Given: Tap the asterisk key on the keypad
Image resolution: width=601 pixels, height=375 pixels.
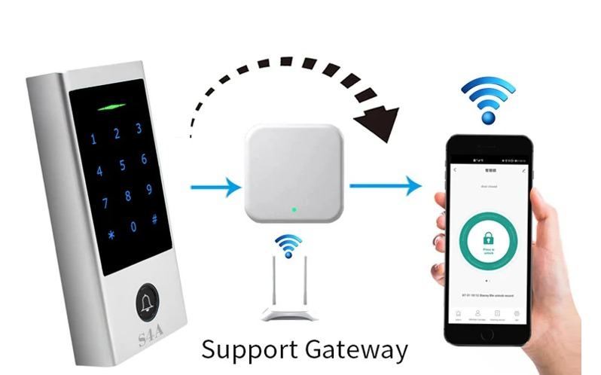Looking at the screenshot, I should (x=111, y=234).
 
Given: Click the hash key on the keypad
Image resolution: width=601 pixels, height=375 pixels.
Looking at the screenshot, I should (x=154, y=219).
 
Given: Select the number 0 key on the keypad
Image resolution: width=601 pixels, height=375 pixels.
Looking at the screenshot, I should (x=133, y=227).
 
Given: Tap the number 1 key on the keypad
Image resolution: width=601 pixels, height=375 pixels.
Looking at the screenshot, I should (x=93, y=140).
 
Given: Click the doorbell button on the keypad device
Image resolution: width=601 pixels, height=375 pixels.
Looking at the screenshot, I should (x=148, y=304).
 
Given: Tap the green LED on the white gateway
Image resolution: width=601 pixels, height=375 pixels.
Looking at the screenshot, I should (x=294, y=209).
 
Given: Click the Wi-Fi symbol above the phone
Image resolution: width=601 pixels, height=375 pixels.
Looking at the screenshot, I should (x=489, y=98).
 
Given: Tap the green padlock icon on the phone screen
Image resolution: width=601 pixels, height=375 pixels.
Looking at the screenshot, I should (x=488, y=239).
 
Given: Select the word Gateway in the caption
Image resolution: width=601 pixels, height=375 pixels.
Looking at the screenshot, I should (x=356, y=351).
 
